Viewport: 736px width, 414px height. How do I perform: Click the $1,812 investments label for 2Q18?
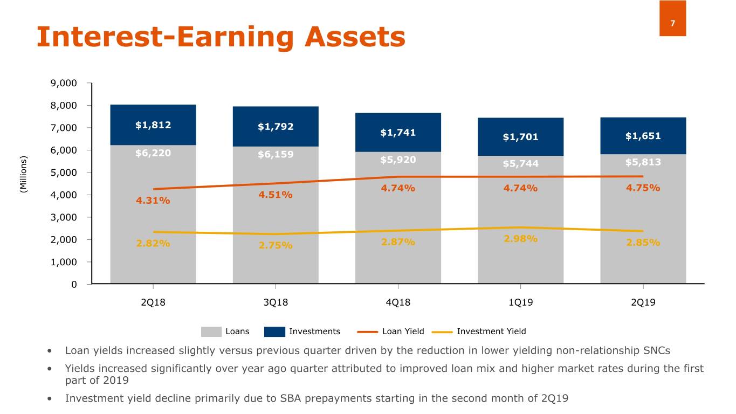tap(153, 125)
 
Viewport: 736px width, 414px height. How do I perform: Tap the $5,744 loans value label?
tap(520, 164)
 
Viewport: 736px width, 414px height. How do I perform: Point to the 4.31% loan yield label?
tap(153, 201)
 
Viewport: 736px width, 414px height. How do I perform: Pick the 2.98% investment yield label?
tap(520, 238)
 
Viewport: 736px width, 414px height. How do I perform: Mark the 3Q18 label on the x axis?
tap(276, 302)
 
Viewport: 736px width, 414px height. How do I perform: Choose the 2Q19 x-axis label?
tap(643, 302)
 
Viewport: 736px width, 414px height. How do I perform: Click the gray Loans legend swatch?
tap(211, 332)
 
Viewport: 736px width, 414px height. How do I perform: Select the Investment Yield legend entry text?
tap(491, 332)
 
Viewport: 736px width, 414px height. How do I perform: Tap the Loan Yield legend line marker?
tap(367, 332)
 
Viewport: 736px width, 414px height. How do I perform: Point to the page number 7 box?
tap(672, 23)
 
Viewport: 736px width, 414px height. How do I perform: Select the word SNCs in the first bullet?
tap(656, 350)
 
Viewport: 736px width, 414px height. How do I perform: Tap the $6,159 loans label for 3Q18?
tap(276, 155)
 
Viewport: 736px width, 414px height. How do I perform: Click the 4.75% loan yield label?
tap(643, 188)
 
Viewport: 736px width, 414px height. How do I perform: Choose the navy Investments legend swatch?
tap(274, 332)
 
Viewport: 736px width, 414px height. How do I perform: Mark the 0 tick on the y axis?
tap(74, 284)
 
